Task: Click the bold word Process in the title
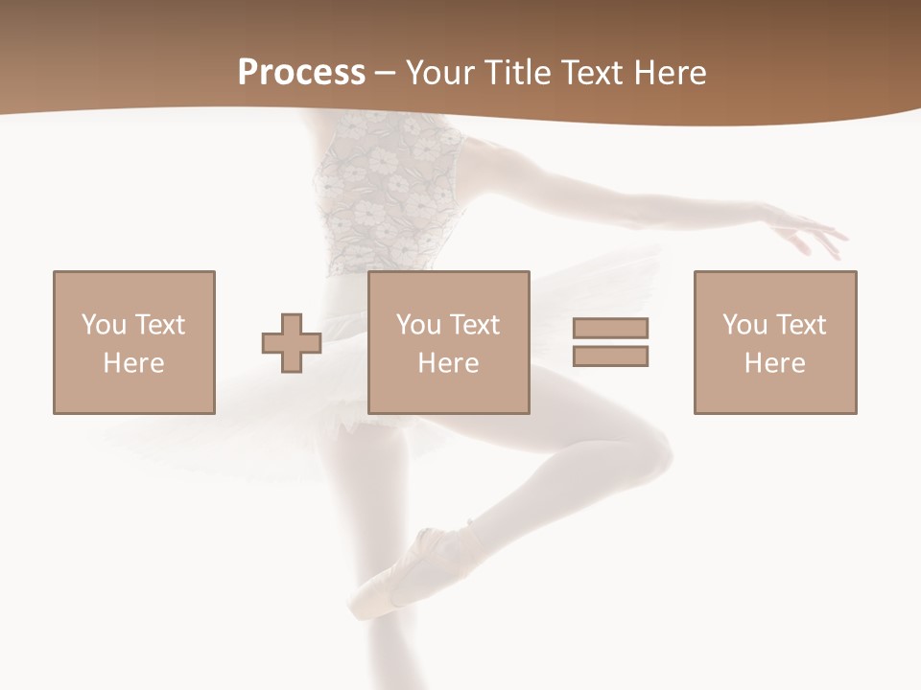click(x=301, y=73)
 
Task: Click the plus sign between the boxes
click(x=292, y=342)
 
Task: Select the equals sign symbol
click(x=610, y=342)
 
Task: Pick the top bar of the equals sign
click(x=610, y=328)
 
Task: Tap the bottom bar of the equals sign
click(x=610, y=356)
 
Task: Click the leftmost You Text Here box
click(x=134, y=342)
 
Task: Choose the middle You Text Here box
click(x=449, y=342)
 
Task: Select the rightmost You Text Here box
click(x=775, y=342)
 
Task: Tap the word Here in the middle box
click(x=449, y=363)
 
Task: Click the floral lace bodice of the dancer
click(x=384, y=192)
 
